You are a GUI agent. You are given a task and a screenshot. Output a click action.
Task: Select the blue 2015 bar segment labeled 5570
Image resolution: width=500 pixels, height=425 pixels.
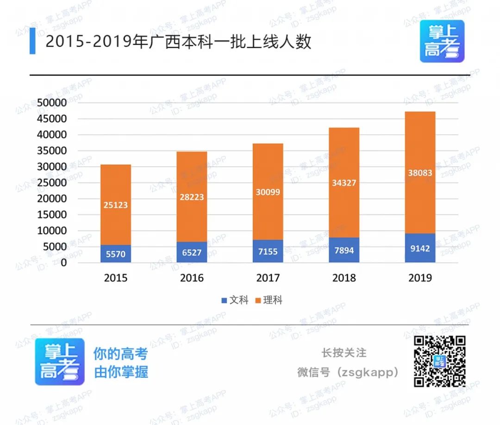(x=116, y=254)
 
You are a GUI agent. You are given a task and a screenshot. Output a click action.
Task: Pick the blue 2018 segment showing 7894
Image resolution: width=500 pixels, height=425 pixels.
(x=344, y=250)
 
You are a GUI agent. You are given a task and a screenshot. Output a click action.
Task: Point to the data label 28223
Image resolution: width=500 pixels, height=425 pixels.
(x=192, y=197)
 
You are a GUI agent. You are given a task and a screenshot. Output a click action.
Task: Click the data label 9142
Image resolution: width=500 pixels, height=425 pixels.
(x=420, y=248)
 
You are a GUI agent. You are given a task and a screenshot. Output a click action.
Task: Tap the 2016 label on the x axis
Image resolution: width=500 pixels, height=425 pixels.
(x=192, y=278)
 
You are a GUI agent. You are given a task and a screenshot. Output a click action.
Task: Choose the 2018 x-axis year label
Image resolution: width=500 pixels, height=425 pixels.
(x=344, y=278)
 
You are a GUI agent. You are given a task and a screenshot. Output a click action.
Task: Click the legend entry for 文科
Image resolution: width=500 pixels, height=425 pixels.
(x=235, y=300)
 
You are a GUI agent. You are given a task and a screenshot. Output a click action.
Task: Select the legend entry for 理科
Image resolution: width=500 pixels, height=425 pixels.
(x=268, y=300)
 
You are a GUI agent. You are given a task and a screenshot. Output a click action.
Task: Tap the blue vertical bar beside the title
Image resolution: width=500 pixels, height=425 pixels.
(x=32, y=41)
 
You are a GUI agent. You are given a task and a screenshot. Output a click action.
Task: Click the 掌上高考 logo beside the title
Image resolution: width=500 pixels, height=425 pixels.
(x=442, y=41)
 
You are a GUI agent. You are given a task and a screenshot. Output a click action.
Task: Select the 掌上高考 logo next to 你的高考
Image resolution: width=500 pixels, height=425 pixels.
(x=60, y=362)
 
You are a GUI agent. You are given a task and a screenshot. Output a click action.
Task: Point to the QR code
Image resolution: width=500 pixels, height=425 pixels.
(x=439, y=362)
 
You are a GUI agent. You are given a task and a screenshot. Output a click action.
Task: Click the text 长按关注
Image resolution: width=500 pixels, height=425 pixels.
(x=344, y=353)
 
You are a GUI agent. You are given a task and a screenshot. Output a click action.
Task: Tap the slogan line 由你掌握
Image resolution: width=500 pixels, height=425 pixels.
(x=121, y=372)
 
